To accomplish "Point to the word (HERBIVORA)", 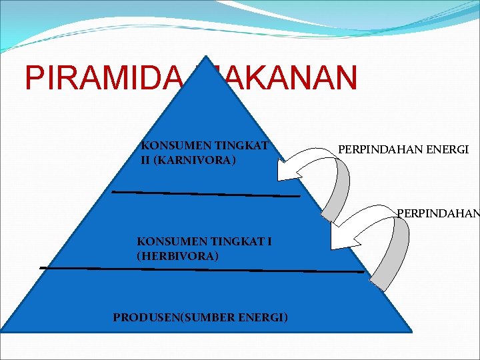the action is tap(177, 255).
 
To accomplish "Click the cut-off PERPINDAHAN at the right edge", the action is tap(438, 214).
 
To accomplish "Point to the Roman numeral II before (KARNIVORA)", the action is tap(146, 161).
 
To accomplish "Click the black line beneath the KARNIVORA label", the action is tap(207, 194).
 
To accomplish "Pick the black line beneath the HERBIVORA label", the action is tap(200, 269).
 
